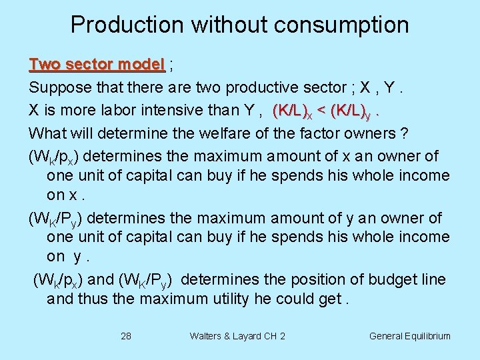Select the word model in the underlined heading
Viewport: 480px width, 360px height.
pos(142,65)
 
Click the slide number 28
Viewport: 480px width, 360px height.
pos(126,336)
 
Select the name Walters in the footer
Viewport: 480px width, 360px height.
pos(207,336)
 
